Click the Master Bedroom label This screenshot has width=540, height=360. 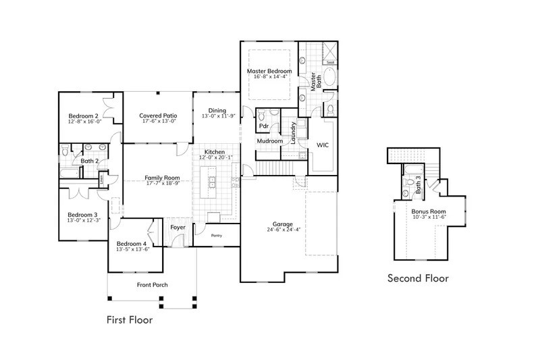click(269, 71)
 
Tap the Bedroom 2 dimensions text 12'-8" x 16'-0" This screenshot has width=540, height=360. click(84, 122)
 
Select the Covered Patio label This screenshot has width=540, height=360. click(159, 115)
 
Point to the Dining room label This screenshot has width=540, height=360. click(217, 110)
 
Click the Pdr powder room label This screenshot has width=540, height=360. click(264, 126)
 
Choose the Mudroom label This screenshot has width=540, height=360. click(269, 141)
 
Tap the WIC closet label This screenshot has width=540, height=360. click(323, 145)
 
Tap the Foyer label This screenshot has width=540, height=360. click(178, 228)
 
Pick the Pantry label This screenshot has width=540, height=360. click(217, 236)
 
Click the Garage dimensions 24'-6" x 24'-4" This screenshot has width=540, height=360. click(282, 230)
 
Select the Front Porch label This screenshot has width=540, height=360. click(151, 285)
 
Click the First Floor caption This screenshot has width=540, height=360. click(130, 320)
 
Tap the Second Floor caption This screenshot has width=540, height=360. click(418, 278)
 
